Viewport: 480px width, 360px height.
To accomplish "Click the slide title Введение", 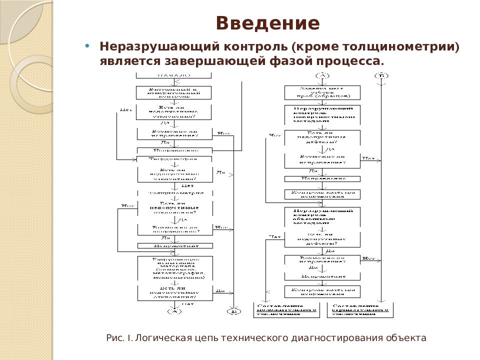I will (267, 23).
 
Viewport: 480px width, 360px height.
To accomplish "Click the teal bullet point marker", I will (88, 45).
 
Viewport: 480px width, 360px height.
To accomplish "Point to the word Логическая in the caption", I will (163, 338).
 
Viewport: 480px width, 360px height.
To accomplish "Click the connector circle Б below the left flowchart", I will (234, 311).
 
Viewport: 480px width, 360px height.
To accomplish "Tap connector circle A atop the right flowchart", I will (322, 75).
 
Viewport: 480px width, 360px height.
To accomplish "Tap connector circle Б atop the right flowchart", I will (382, 75).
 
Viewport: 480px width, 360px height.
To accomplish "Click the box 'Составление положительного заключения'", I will (286, 310).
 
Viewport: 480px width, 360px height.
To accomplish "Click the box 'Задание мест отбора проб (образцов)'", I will (322, 92).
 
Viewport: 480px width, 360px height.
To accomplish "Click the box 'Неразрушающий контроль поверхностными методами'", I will (322, 114).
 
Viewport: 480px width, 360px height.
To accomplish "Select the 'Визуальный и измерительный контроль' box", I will (174, 92).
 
